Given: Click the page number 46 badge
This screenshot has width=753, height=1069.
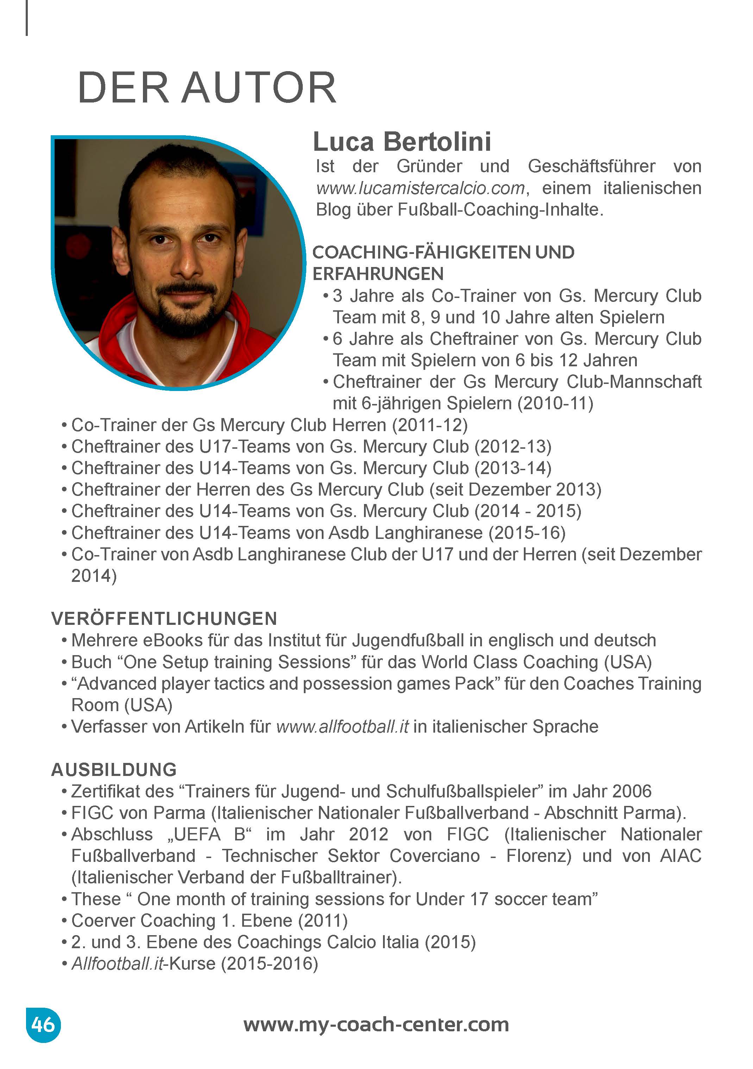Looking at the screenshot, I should (x=43, y=1024).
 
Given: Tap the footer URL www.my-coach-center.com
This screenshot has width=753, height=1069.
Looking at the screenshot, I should (x=376, y=1024).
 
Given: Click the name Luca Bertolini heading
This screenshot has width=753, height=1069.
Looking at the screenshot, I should (x=402, y=142).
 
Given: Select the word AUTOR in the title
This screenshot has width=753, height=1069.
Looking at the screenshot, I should (x=259, y=88).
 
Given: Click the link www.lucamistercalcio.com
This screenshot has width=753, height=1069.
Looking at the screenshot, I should (x=420, y=188).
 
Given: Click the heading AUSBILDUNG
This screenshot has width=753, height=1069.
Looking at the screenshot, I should (x=114, y=770).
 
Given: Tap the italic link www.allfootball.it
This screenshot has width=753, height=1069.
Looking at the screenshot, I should (x=343, y=727).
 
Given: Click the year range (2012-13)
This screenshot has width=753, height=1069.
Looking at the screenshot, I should (x=513, y=447).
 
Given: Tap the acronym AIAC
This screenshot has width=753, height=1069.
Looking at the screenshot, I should (x=680, y=856).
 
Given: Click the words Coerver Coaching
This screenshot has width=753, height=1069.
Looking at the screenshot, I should (x=143, y=920).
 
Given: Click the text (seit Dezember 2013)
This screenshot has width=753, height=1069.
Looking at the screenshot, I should (x=515, y=489).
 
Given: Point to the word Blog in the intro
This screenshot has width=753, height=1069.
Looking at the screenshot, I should (x=333, y=210).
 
